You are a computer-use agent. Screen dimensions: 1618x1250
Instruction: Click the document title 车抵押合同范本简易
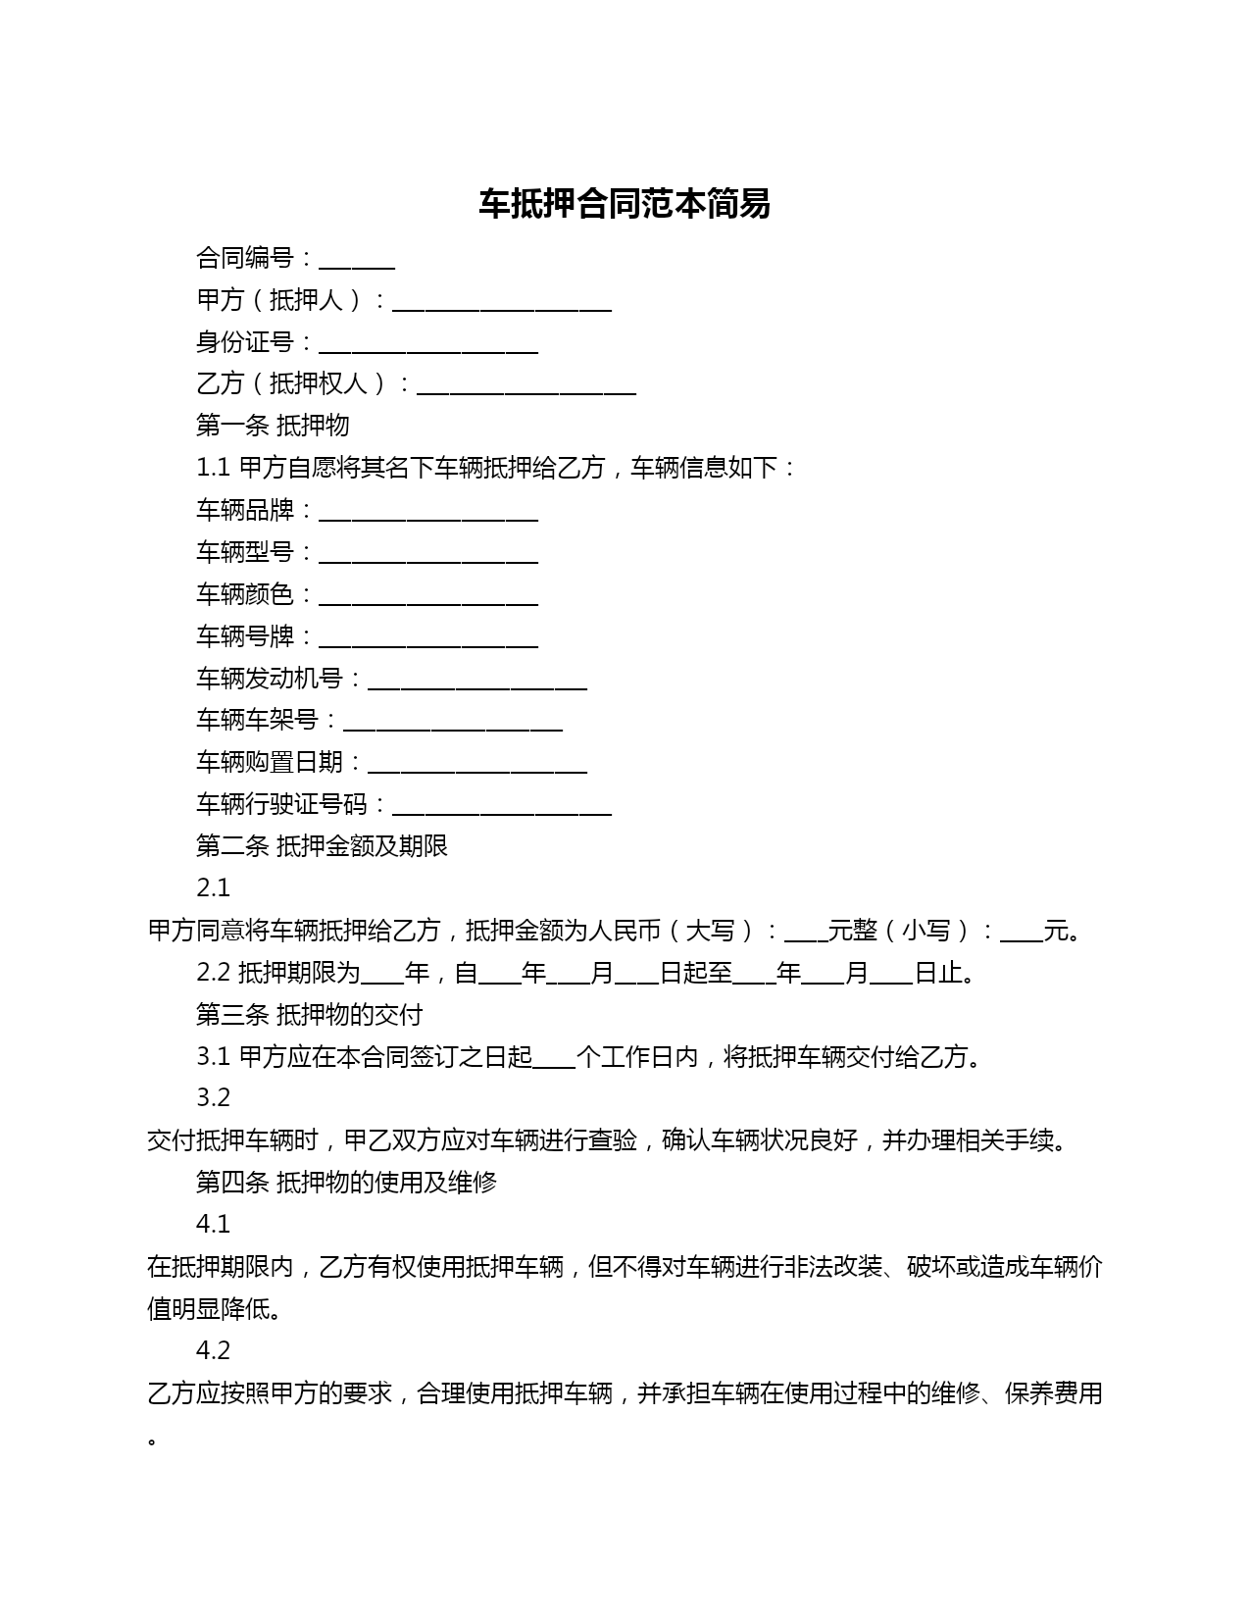(625, 204)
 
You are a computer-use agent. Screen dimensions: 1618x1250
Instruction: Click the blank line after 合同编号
(357, 260)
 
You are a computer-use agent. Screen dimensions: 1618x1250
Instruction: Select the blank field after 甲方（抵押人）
(502, 302)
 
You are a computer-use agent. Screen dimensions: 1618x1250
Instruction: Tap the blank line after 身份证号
(428, 344)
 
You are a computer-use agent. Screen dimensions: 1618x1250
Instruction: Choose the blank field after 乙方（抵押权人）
(526, 385)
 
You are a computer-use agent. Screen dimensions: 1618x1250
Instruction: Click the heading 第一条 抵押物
(273, 426)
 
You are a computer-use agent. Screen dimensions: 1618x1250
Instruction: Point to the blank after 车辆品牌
(428, 512)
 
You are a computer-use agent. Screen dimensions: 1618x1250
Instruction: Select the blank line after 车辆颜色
(428, 596)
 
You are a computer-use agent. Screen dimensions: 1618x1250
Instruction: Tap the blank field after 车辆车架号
(453, 722)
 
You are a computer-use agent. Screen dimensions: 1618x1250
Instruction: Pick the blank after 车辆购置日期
(477, 764)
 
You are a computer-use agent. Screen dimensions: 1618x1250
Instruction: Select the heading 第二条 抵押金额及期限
(322, 846)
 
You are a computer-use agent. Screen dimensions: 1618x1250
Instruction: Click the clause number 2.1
(213, 888)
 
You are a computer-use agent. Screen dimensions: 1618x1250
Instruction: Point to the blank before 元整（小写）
(806, 933)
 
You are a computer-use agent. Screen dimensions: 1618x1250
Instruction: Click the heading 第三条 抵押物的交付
(309, 1014)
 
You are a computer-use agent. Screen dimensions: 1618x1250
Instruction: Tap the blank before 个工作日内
(554, 1059)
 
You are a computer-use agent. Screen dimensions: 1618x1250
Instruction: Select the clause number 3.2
(213, 1098)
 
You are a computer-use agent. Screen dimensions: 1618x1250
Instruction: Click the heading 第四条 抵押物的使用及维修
(346, 1183)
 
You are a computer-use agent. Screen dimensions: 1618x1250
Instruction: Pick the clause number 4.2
(213, 1351)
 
